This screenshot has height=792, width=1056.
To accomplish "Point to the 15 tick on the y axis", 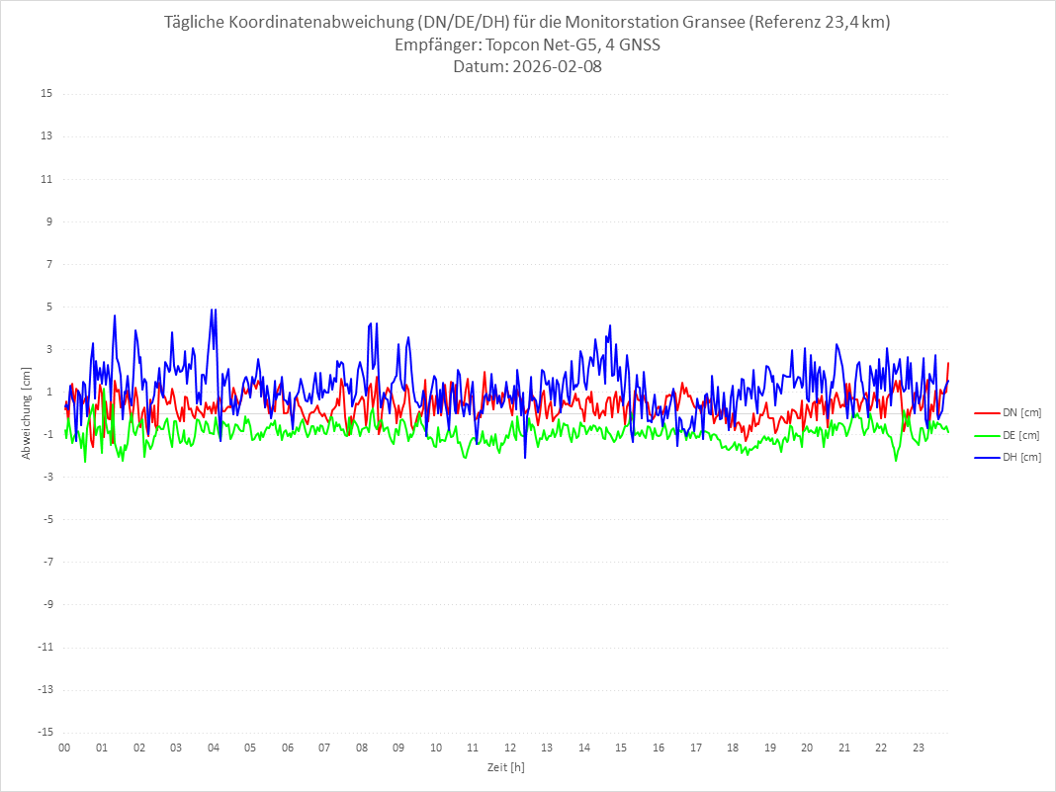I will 46,94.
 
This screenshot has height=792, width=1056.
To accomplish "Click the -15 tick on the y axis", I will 44,732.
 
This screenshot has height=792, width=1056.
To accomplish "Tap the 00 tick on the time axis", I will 64,748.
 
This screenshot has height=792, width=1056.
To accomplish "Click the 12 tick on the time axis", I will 510,748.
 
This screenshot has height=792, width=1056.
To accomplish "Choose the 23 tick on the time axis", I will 919,748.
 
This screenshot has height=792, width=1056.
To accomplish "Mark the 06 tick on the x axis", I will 287,748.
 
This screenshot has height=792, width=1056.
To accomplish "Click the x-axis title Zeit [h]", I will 505,767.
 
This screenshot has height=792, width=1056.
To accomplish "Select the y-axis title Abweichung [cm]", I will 27,413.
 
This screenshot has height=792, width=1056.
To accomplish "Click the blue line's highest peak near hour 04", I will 212,309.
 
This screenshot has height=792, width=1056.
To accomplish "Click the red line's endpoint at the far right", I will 947,363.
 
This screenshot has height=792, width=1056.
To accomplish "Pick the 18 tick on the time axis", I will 733,748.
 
